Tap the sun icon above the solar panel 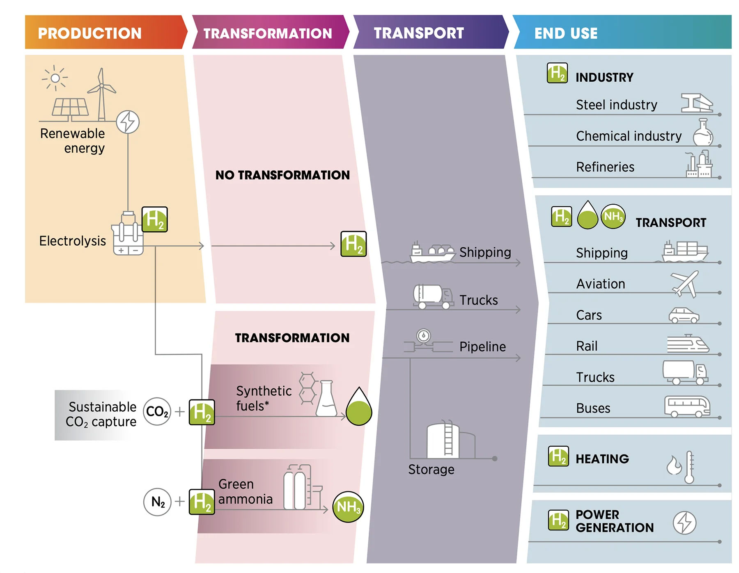[x=55, y=78]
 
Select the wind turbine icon [x=101, y=94]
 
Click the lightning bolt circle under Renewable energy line [x=128, y=122]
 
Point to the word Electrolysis [x=72, y=241]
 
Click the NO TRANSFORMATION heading [x=282, y=175]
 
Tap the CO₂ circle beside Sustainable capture [x=157, y=411]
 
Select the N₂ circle [x=157, y=502]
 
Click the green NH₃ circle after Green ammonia [x=348, y=507]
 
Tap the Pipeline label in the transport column [x=482, y=347]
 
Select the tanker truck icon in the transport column [x=433, y=297]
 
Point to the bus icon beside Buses [x=687, y=406]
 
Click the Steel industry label [x=616, y=105]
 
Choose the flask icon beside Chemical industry [x=703, y=132]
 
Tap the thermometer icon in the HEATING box [x=689, y=467]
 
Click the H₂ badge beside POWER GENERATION [x=558, y=520]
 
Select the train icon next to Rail [x=688, y=344]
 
